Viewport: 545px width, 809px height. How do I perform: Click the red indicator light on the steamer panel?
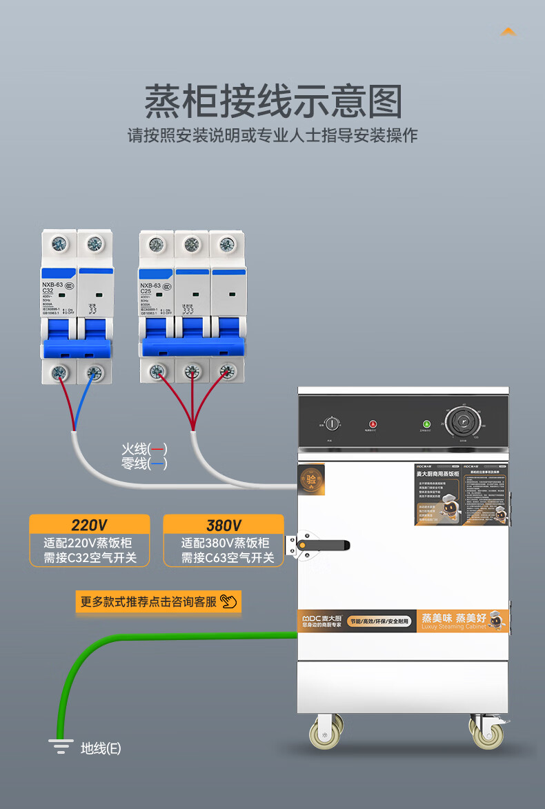click(x=373, y=423)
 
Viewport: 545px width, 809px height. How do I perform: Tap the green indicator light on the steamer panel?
click(x=426, y=423)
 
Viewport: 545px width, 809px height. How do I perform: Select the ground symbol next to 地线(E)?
click(x=61, y=746)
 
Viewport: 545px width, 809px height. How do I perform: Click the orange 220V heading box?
click(x=89, y=525)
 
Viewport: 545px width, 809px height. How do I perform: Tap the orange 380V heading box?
click(x=224, y=525)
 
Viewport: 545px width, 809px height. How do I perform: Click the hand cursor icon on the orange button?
click(x=228, y=601)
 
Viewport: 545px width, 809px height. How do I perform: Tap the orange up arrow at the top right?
click(x=508, y=32)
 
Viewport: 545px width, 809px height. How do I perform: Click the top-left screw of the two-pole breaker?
click(x=59, y=243)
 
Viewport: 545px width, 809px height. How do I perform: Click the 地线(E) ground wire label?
click(x=101, y=748)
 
